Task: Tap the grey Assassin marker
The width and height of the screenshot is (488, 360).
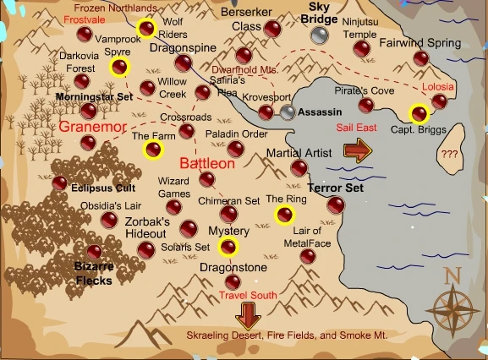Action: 288,112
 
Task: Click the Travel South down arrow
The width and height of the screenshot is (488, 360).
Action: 248,315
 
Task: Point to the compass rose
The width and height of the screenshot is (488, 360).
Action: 452,306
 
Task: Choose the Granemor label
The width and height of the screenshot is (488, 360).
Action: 92,127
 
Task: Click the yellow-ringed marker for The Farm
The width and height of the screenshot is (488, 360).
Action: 153,150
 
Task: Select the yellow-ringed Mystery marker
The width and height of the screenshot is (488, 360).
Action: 228,247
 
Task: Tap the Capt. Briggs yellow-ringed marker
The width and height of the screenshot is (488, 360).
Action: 417,113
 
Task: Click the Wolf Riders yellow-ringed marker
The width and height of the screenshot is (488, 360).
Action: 147,30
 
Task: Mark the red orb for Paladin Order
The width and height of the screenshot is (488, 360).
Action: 235,149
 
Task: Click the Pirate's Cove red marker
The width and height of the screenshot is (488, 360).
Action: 365,106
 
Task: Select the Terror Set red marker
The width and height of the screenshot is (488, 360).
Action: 336,205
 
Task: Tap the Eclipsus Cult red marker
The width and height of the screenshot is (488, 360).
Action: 59,183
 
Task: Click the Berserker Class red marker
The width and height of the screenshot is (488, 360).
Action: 271,29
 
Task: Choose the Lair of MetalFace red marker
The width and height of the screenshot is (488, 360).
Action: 308,256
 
